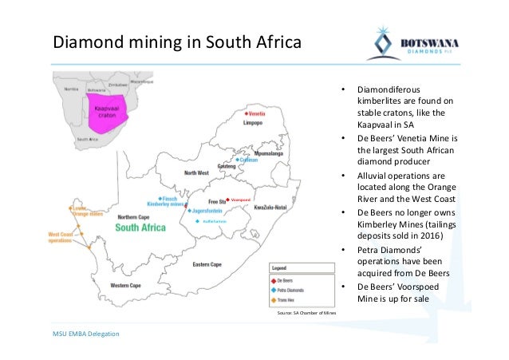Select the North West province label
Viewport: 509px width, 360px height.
199,172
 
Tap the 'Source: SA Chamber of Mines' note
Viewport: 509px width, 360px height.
306,315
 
